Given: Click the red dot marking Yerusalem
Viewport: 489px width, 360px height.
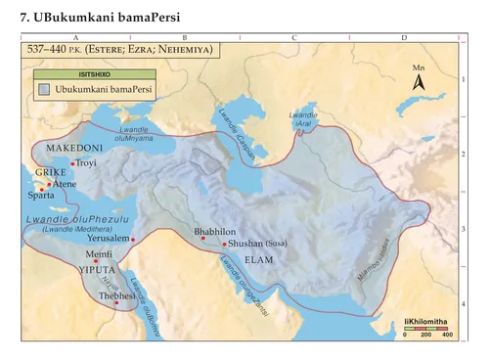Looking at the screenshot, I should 133,239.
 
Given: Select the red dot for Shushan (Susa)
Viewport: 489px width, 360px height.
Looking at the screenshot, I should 225,245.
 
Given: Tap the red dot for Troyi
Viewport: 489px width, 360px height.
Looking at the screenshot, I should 73,163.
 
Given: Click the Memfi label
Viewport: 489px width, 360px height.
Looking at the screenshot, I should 100,253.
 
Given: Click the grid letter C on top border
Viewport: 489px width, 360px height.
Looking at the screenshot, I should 293,36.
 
